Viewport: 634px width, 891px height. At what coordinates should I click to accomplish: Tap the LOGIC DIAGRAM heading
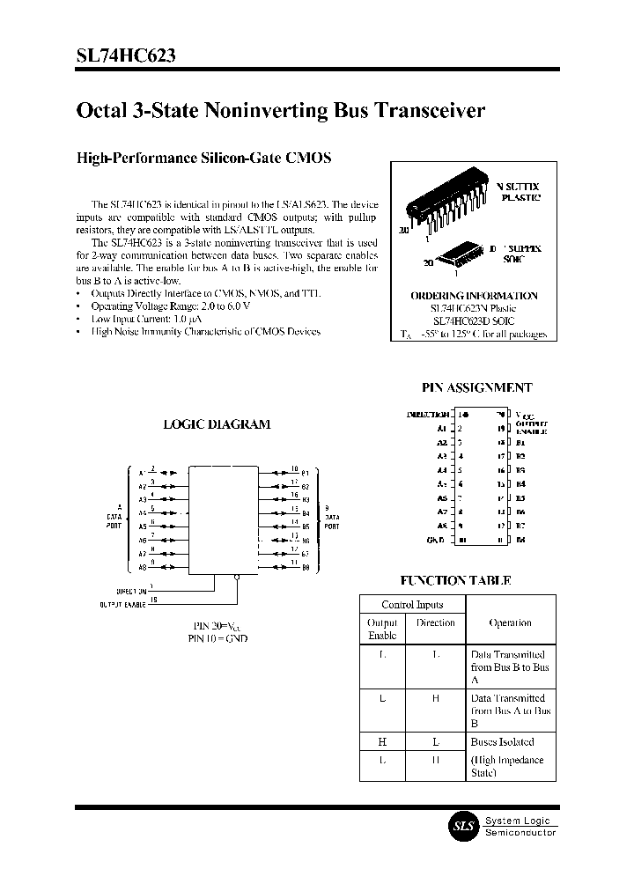tap(217, 424)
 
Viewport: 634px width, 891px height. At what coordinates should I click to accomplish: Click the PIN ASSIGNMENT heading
tap(478, 387)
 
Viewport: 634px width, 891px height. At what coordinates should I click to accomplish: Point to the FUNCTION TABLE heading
tap(455, 580)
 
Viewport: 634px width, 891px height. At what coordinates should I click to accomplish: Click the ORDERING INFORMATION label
tap(474, 296)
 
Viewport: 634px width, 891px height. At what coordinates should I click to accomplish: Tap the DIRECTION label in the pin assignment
tap(428, 414)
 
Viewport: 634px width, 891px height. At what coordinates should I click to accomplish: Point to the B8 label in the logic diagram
tap(306, 568)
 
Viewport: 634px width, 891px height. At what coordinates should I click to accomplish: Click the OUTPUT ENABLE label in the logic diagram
tap(122, 605)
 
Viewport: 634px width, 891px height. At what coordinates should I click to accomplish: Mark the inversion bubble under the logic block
tap(238, 578)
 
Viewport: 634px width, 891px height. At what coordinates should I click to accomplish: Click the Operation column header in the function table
tap(510, 622)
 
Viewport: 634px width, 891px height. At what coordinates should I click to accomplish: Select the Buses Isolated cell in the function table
tap(501, 741)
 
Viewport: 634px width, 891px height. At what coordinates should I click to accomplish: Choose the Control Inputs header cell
tap(411, 605)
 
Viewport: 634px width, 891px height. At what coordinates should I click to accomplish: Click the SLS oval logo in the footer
tap(462, 826)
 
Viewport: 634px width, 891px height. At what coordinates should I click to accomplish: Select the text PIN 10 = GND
tap(217, 638)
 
